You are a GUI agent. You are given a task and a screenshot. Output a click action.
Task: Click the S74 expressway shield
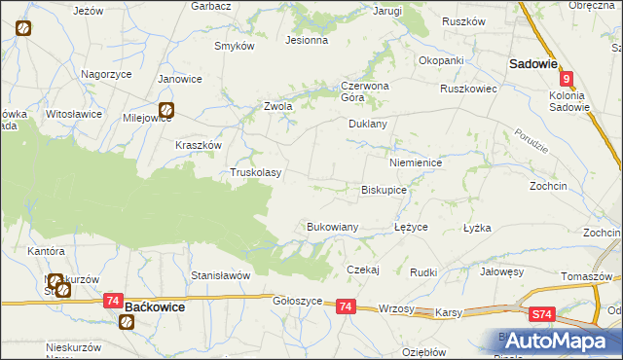tap(542, 314)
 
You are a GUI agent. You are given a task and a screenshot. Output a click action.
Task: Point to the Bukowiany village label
tap(333, 226)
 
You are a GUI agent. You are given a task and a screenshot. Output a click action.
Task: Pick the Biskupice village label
tap(384, 190)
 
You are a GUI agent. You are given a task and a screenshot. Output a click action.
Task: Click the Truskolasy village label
tap(255, 172)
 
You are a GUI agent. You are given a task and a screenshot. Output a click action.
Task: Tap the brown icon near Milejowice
tap(166, 110)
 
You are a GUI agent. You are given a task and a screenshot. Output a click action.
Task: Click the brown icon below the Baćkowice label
tap(128, 321)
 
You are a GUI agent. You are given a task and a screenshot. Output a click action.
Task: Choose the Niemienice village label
tap(416, 162)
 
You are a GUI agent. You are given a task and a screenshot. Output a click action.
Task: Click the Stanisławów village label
tap(221, 275)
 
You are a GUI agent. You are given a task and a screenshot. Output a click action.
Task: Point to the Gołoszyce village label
tap(297, 302)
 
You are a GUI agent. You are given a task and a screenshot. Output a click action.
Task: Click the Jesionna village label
tap(306, 41)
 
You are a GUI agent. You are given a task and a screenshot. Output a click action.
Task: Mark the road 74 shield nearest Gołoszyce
tap(346, 306)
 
